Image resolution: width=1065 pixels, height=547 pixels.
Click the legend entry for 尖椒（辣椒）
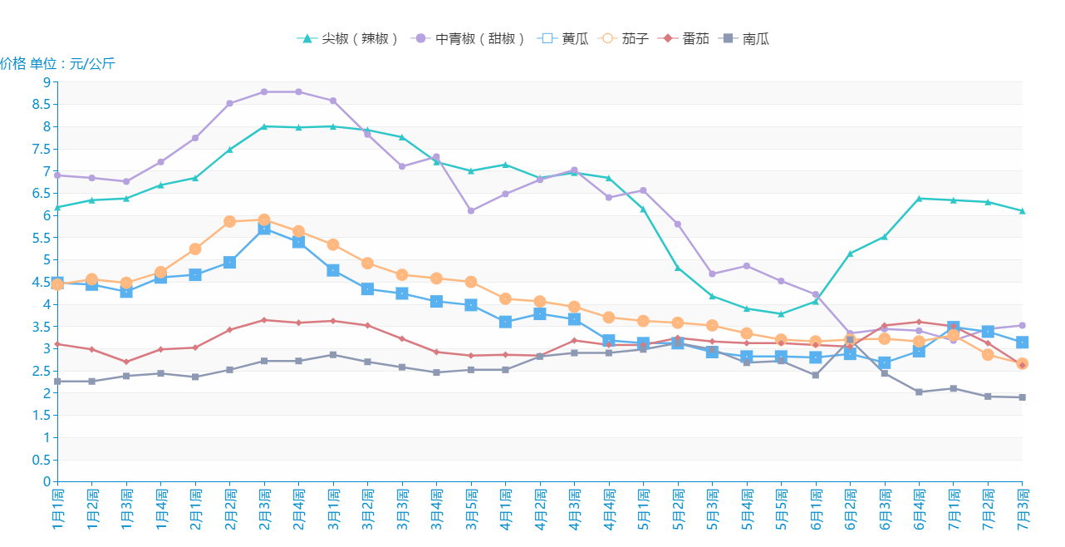tap(349, 38)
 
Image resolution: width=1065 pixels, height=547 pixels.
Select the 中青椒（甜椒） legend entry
tap(471, 38)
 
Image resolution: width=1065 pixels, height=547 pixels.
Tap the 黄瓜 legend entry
tap(564, 38)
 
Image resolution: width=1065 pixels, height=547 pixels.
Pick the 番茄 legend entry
tap(685, 38)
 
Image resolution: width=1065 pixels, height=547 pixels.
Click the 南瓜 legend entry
tap(747, 38)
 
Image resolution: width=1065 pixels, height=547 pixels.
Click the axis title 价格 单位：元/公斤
tap(57, 63)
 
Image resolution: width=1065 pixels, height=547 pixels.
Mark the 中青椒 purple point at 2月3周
tap(263, 92)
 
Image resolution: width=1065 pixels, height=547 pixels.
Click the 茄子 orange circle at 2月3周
tap(263, 220)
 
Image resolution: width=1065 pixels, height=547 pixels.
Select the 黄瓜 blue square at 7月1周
tap(953, 328)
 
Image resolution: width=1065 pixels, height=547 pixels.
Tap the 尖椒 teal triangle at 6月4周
tap(919, 199)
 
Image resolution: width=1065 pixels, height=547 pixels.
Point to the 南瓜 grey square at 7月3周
tap(1022, 397)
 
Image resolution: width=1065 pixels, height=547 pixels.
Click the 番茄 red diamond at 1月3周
tap(126, 362)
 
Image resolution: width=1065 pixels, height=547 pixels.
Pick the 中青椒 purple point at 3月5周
tap(471, 211)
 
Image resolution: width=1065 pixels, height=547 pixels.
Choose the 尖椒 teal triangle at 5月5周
tap(781, 314)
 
